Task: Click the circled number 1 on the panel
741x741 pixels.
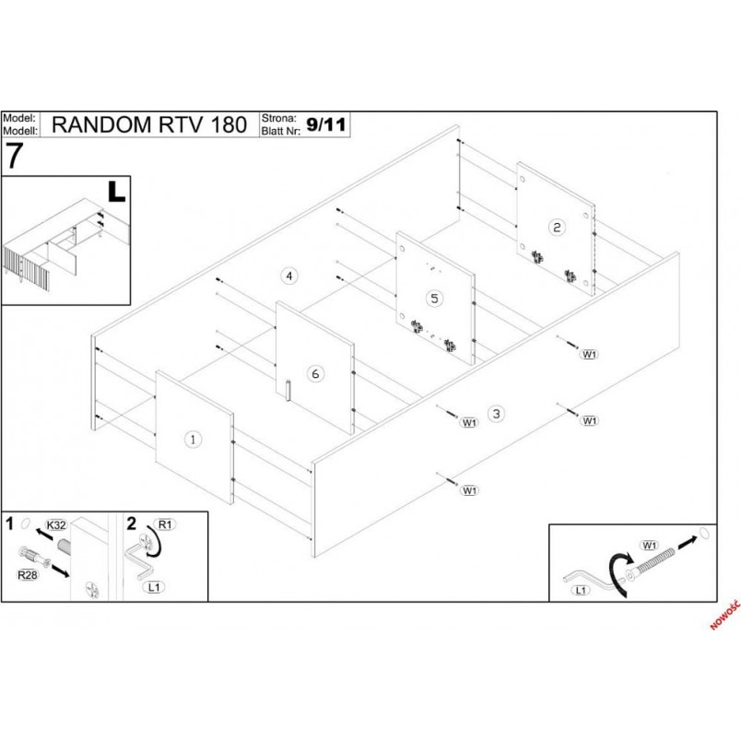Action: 193,440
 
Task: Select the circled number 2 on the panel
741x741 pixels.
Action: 557,228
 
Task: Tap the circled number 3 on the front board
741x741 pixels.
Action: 496,414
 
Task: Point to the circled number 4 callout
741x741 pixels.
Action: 289,276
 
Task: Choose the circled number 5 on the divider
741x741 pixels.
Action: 434,299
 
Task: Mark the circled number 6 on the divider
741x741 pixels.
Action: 315,374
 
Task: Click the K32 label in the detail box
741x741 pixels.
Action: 56,525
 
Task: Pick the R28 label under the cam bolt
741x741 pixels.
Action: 28,575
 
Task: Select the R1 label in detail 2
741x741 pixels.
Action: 165,524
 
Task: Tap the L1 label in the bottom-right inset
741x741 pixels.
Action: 581,590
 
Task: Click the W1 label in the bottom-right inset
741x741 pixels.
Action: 650,546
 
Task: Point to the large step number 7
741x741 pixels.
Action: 14,157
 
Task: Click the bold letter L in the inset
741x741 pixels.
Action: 116,192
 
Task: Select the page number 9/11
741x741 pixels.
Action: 326,124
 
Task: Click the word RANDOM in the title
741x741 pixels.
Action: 101,124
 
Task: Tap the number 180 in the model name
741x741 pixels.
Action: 229,124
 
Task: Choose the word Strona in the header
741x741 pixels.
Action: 279,118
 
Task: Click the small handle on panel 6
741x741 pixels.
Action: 288,390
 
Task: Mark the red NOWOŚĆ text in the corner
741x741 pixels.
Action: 725,615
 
